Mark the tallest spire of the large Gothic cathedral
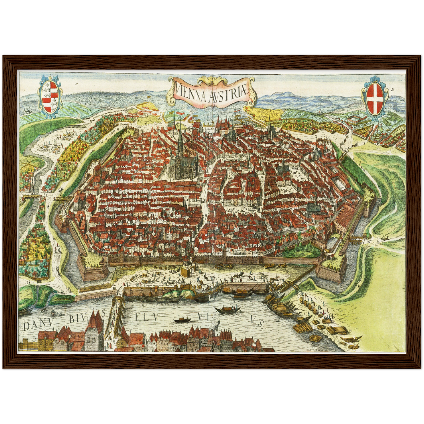(180, 138)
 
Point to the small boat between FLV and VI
(182, 320)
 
